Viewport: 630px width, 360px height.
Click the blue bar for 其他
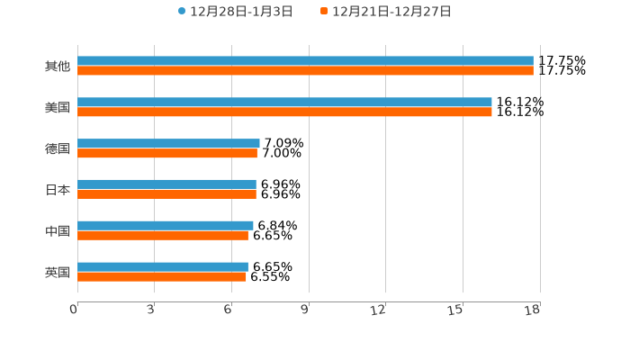coord(305,61)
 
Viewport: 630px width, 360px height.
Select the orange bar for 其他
coord(305,71)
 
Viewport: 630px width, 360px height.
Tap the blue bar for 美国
coord(284,103)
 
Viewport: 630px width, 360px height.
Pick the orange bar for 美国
coord(284,112)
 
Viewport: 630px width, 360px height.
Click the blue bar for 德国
coord(168,144)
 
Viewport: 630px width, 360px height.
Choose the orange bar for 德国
coord(167,154)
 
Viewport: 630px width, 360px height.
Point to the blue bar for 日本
coord(166,184)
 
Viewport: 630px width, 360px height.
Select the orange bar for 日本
coord(166,194)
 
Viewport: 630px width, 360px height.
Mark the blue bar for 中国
coord(166,226)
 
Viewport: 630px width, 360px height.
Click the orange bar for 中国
coord(163,236)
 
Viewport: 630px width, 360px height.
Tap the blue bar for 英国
coord(163,267)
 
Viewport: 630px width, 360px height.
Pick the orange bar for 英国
coord(162,277)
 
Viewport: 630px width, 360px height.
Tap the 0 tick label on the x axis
coord(74,310)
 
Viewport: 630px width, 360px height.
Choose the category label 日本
coord(58,190)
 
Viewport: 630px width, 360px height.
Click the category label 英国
coord(58,272)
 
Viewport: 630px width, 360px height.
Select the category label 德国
coord(58,148)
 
